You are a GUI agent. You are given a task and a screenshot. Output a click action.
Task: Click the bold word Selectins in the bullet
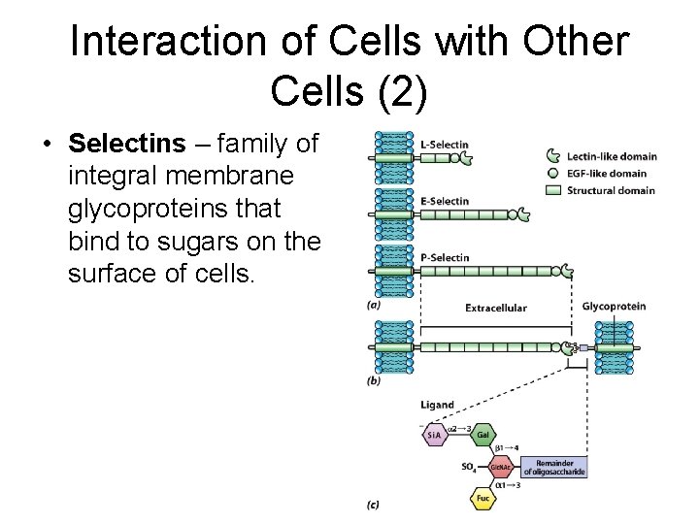coord(126,145)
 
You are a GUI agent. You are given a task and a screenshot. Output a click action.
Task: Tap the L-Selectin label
coord(445,145)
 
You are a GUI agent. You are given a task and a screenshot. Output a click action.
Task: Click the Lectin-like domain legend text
coord(613,156)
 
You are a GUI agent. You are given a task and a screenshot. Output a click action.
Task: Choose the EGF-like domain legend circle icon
coord(553,174)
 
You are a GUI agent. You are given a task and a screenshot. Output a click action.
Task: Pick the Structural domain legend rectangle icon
coord(554,190)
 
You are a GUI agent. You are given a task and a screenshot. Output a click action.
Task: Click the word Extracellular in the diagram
coord(496,308)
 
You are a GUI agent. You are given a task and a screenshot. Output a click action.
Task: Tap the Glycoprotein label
coord(614,307)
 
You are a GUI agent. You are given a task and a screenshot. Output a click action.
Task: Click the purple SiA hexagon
coord(436,436)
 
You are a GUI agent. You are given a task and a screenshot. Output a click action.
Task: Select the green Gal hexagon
coord(483,436)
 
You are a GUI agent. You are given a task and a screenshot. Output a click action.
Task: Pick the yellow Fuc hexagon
coord(483,499)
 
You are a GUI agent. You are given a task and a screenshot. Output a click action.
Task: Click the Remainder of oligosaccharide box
coord(554,468)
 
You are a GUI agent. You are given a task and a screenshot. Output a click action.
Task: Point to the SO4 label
coord(469,468)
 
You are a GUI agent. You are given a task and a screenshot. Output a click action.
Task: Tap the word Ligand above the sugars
coord(437,405)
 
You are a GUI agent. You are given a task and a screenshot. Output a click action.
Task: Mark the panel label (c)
coord(374,506)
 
